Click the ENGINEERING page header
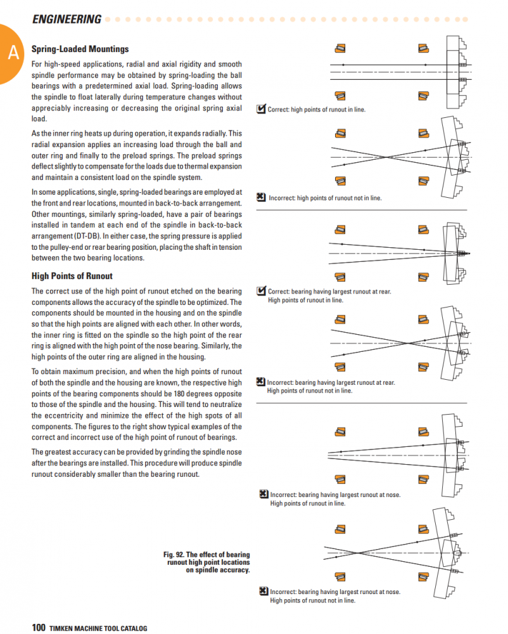(x=67, y=19)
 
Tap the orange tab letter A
(x=13, y=54)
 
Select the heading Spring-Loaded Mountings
(x=80, y=49)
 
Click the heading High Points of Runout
(x=72, y=276)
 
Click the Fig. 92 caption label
(x=206, y=562)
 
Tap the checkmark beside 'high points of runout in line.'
(x=261, y=109)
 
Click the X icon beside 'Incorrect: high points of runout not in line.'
(x=261, y=197)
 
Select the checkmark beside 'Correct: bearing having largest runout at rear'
(x=261, y=291)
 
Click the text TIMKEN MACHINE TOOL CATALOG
(x=98, y=628)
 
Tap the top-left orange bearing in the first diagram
(x=341, y=48)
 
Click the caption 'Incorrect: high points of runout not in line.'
(x=325, y=198)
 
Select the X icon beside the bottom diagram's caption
(x=264, y=591)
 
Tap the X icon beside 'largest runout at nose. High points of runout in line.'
(x=264, y=495)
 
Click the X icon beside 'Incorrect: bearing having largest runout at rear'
(x=260, y=382)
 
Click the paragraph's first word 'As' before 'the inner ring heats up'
(x=35, y=134)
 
